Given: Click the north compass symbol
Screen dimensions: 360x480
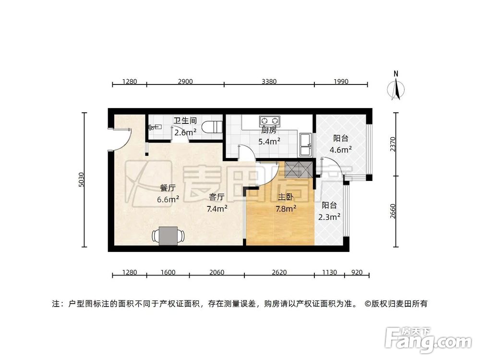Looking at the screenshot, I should [x=396, y=89].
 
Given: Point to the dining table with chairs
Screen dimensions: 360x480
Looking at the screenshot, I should [x=168, y=236].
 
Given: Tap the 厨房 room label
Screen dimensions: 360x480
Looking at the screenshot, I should [x=269, y=131].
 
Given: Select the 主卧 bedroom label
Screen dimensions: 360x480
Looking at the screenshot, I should [x=286, y=197].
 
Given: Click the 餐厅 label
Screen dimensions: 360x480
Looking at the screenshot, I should [x=167, y=188].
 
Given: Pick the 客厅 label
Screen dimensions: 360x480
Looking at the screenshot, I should [x=217, y=197].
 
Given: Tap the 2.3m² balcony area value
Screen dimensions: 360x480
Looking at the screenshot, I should [x=329, y=216].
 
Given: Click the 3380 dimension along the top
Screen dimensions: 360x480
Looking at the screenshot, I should [x=269, y=82].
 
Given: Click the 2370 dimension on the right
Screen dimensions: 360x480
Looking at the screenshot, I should [x=394, y=144].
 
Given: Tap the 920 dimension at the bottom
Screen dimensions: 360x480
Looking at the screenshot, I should [x=358, y=273].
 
